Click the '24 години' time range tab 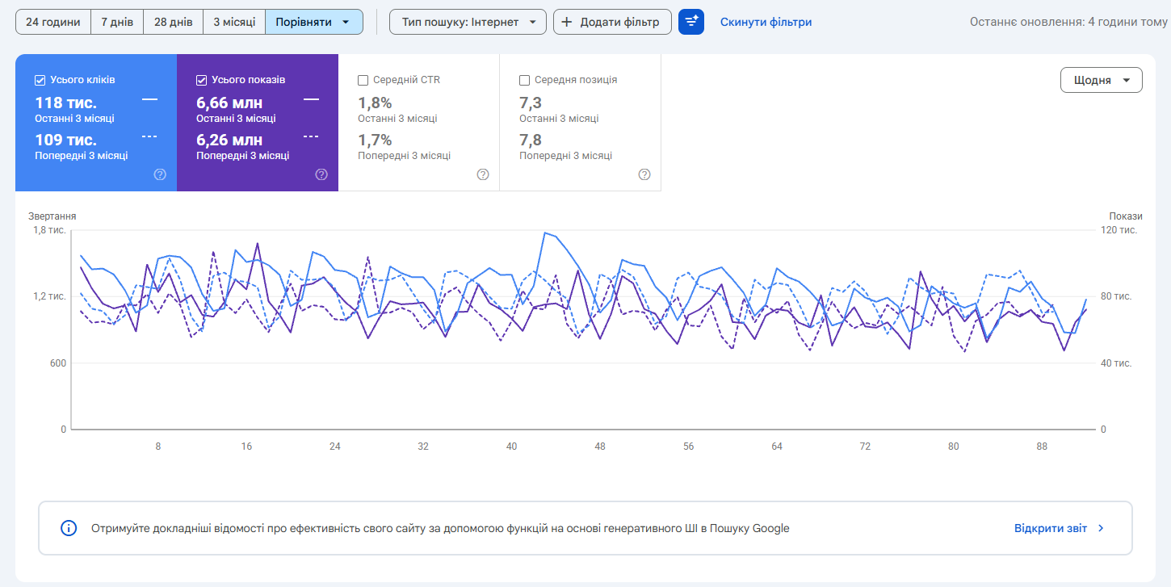pos(52,22)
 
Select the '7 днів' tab pos(117,22)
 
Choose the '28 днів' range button pos(173,22)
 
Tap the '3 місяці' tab pos(234,22)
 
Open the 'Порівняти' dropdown pos(313,22)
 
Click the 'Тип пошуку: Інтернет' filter pos(468,22)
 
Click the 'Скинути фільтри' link pos(766,22)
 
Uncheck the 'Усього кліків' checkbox pos(40,80)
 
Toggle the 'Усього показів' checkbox pos(201,80)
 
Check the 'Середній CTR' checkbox pos(363,80)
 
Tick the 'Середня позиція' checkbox pos(524,80)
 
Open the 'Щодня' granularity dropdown pos(1101,80)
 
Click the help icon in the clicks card pos(160,174)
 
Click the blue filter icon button pos(691,22)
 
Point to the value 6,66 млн pos(229,103)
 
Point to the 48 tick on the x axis pos(599,447)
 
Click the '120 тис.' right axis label pos(1119,230)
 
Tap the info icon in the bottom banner pos(69,528)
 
